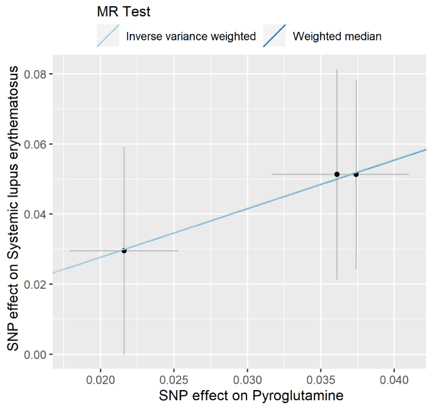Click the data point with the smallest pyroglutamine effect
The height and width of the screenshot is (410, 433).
pos(124,250)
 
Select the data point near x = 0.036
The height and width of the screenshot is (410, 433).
pos(337,174)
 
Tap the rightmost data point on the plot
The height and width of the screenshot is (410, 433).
pos(356,174)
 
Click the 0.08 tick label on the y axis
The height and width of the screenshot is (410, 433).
pos(36,74)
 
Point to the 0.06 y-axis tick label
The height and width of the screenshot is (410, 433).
pos(36,144)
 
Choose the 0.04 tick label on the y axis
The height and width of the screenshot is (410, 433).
pos(36,214)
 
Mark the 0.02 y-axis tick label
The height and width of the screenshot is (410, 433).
pos(36,284)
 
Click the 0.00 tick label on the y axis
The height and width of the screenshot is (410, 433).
pos(36,355)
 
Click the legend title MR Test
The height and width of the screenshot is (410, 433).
pos(124,12)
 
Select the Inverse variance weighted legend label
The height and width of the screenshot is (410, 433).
pos(191,36)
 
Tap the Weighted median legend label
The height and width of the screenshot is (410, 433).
pos(337,36)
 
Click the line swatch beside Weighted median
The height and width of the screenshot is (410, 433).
pos(275,36)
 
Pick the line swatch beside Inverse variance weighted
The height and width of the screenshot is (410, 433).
pos(108,36)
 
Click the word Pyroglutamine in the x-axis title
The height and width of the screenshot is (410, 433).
pos(295,395)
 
